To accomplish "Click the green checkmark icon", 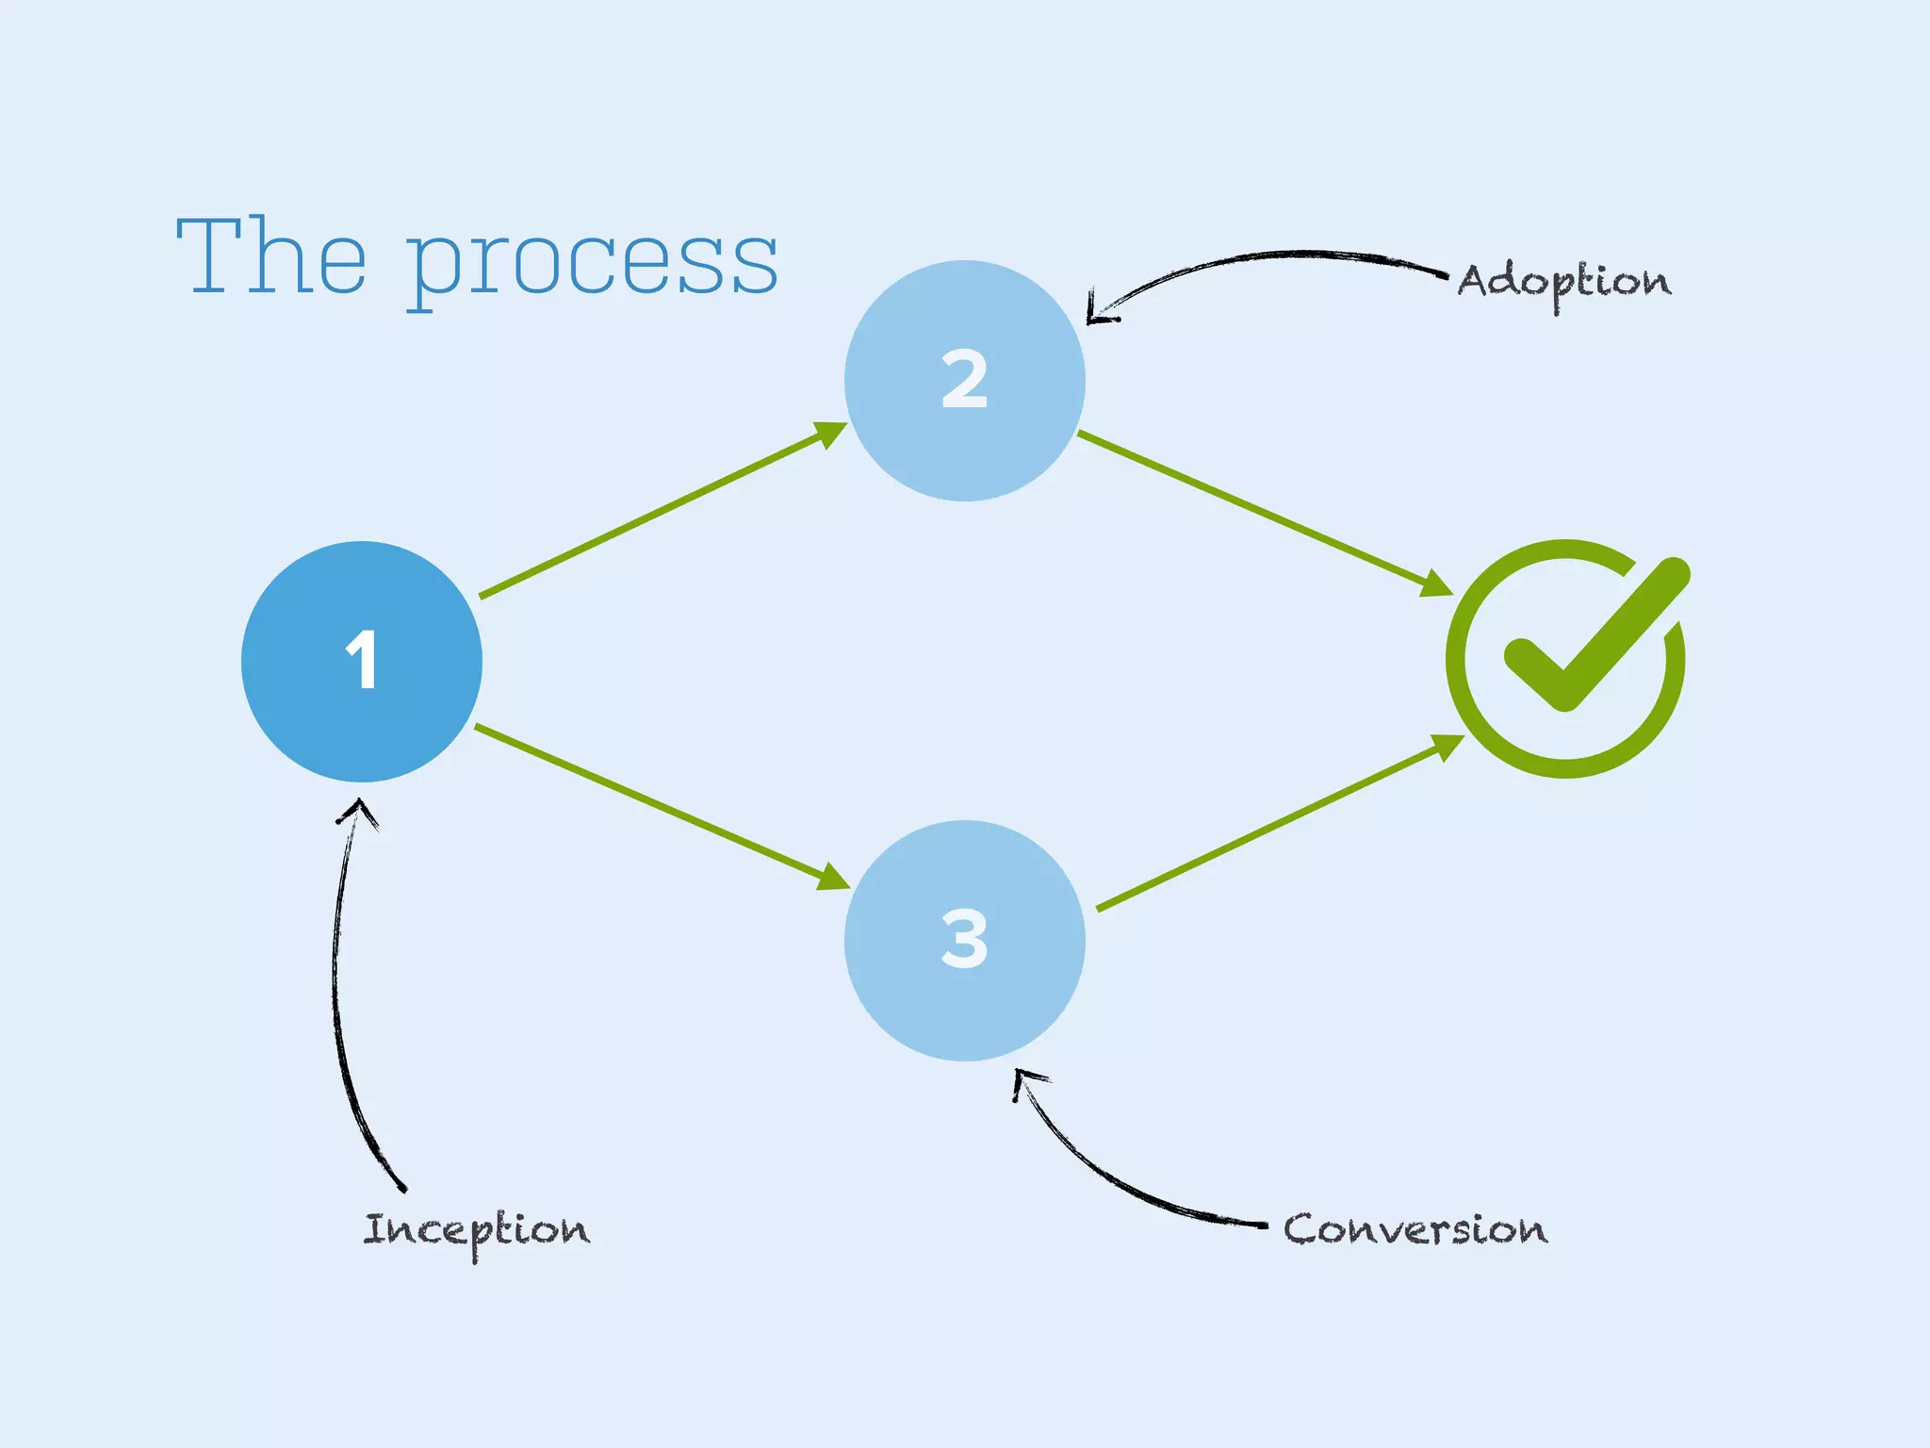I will point(1566,659).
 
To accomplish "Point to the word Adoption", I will point(1564,282).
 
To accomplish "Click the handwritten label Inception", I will point(477,1231).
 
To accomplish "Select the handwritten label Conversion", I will point(1415,1229).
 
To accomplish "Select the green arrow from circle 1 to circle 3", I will point(660,807).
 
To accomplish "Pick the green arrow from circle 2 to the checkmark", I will point(1263,513).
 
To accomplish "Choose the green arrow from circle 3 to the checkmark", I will point(1277,824).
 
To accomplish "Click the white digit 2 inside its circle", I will point(964,379).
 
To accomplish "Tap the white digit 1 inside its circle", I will point(362,659).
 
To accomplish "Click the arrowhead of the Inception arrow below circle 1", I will point(358,808).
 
